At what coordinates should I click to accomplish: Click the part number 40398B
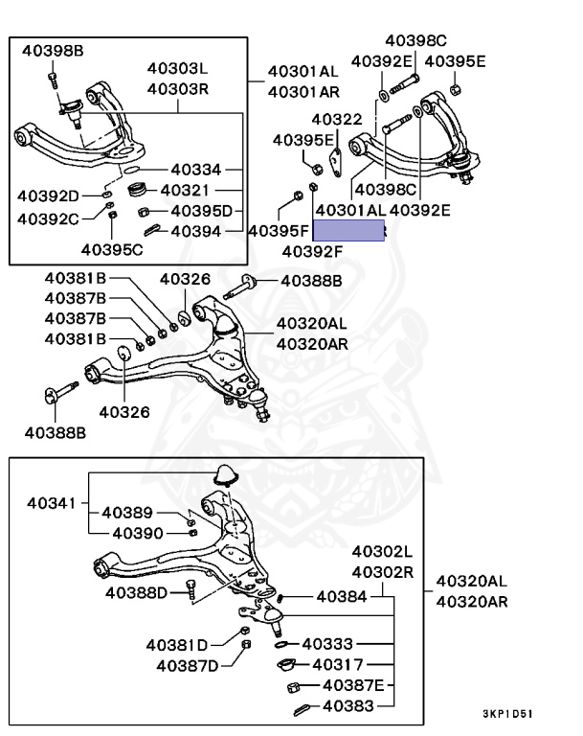pos(53,49)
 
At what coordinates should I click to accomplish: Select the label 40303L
pos(177,70)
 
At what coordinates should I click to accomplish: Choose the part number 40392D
pos(48,196)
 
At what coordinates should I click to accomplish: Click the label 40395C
pos(112,250)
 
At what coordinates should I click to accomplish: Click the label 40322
pos(336,120)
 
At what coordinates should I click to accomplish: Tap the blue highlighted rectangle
pos(349,230)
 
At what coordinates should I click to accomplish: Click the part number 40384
pos(341,596)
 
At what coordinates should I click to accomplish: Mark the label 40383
pos(348,706)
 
